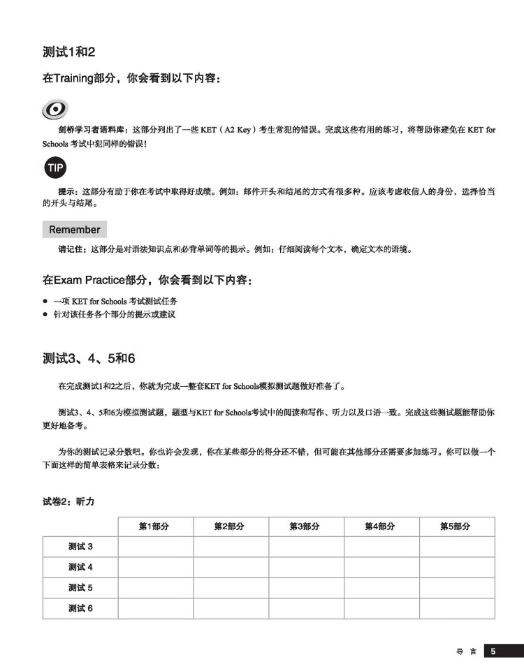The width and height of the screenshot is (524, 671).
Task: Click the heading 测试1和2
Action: click(x=68, y=52)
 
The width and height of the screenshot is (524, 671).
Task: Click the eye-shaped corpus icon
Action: click(x=54, y=109)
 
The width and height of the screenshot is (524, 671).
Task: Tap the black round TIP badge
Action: click(x=55, y=168)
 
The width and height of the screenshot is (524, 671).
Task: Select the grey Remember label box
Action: click(x=75, y=229)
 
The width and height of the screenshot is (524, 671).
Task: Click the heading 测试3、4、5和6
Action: click(x=89, y=358)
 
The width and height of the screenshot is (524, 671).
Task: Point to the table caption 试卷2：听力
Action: click(x=68, y=501)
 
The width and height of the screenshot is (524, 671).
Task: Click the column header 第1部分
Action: click(x=155, y=526)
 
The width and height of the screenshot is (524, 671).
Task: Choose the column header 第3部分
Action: click(x=306, y=526)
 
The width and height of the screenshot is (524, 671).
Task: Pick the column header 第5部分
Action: click(x=456, y=526)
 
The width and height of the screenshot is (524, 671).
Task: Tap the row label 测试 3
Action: click(x=80, y=547)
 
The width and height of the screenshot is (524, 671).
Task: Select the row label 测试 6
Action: click(x=80, y=608)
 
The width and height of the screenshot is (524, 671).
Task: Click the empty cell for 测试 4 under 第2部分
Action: click(x=231, y=567)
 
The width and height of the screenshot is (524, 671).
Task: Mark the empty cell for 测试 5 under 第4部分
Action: click(x=381, y=588)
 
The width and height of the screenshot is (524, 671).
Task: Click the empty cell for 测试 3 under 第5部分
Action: click(x=457, y=547)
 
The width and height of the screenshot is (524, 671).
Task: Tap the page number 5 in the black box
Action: click(x=493, y=651)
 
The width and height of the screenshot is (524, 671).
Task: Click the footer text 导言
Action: click(x=467, y=651)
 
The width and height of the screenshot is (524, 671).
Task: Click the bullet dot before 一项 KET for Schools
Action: click(x=45, y=301)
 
